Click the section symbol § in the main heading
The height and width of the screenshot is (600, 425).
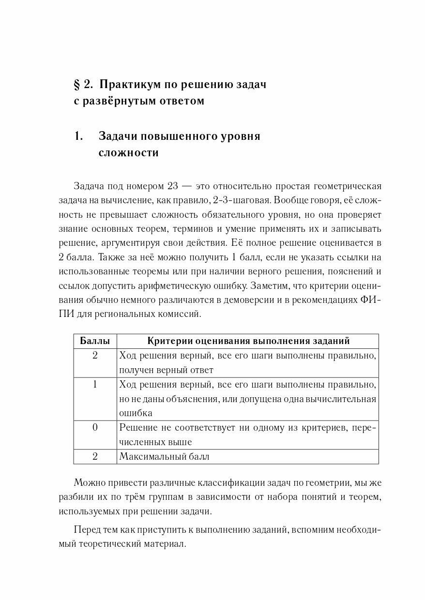click(x=76, y=84)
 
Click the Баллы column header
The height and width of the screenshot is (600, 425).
click(x=95, y=341)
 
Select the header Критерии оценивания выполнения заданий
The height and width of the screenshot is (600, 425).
click(x=248, y=341)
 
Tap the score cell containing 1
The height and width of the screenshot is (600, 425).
click(x=95, y=385)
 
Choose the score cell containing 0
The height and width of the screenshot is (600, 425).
click(x=95, y=427)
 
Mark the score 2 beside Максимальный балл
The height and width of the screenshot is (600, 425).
click(x=95, y=456)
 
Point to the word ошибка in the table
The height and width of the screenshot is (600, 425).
click(x=136, y=413)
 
